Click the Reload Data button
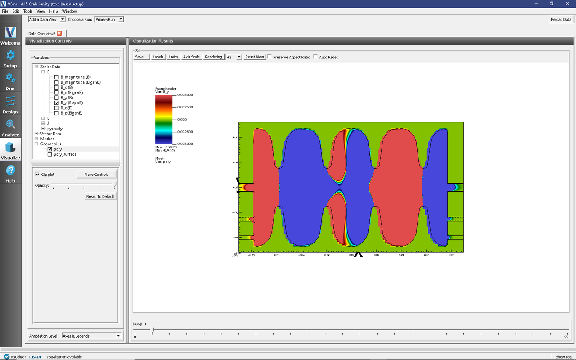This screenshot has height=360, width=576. pos(561,19)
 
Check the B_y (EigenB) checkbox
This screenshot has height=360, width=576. pos(56,103)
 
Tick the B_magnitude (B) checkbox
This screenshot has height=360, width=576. pos(56,77)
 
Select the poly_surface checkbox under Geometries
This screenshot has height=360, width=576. pos(49,154)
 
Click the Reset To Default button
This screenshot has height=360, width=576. pos(101,197)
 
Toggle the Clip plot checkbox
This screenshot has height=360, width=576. pos(37,175)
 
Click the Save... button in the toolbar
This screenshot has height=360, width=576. pos(141,57)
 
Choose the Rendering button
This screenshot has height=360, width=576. pos(213,57)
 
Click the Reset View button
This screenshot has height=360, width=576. pos(254,57)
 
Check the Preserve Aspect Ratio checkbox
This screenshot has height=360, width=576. pos(270,57)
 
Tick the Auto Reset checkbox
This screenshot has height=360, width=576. pos(315,57)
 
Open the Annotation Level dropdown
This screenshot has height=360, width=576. pos(91,336)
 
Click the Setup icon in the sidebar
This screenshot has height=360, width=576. pos(10,59)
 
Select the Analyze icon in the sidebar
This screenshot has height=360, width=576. pos(10,128)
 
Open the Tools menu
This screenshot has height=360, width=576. pos(28,11)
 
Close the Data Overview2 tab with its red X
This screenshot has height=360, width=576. pos(59,33)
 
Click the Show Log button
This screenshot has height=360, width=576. pos(563,357)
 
